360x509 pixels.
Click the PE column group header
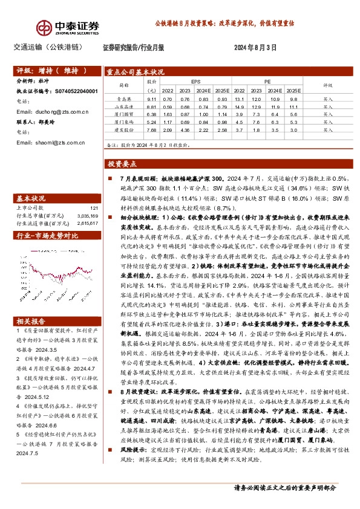pos(267,80)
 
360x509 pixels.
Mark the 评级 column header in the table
pos(329,85)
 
